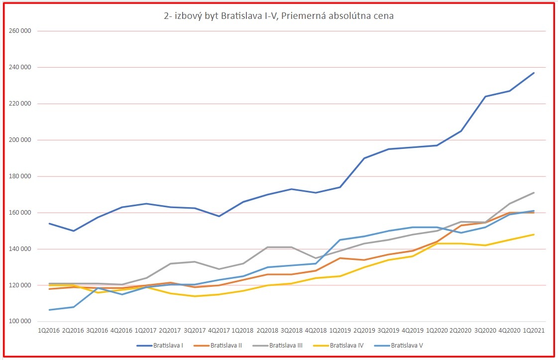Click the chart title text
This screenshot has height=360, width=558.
coord(279,16)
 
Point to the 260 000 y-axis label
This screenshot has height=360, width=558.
coord(21,31)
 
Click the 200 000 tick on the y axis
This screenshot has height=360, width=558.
coord(21,140)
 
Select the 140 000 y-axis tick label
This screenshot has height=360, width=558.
coord(21,249)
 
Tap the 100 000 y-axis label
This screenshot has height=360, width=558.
coord(21,322)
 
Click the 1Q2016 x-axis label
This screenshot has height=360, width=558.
coord(49,330)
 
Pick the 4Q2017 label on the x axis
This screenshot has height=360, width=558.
coord(219,330)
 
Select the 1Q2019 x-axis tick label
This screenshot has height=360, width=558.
coord(340,330)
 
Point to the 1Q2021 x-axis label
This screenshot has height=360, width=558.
coord(533,330)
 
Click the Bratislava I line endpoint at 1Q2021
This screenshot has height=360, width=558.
coord(534,73)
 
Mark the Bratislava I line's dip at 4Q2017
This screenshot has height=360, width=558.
coord(219,216)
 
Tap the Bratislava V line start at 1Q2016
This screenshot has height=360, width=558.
coord(49,310)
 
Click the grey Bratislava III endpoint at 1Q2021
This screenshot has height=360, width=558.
coord(534,193)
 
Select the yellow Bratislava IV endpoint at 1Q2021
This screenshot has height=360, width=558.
coord(534,235)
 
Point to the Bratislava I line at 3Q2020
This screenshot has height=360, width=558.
coord(485,97)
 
